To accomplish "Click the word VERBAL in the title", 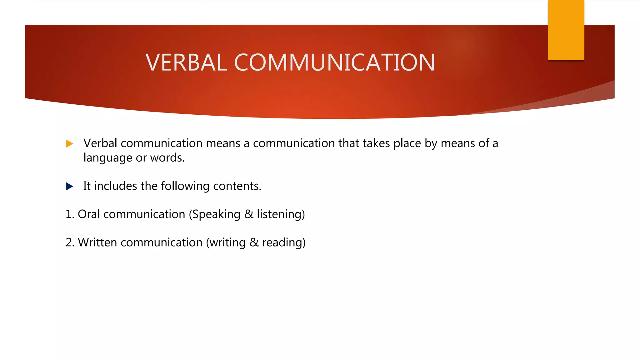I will pos(186,62).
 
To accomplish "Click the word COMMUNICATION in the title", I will pos(334,62).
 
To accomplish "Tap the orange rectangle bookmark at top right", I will pos(566,30).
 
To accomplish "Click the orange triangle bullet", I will pos(69,144).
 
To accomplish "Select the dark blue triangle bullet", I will pos(69,187).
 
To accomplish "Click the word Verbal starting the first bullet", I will pos(100,143).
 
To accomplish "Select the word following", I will pos(185,186).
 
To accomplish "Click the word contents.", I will pos(237,186).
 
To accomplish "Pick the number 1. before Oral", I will pos(70,214).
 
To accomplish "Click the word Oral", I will pos(89,214).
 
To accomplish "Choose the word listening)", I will pos(281,215).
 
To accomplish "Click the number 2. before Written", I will pos(70,242).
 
